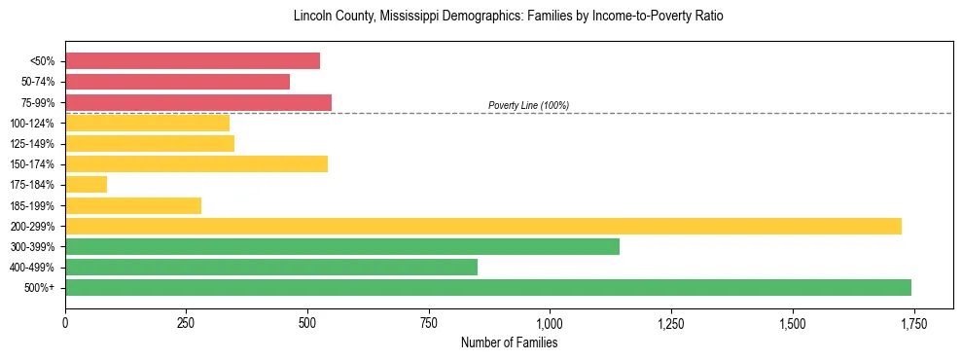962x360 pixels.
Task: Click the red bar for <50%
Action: pyautogui.click(x=193, y=61)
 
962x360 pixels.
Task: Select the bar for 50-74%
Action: pyautogui.click(x=177, y=82)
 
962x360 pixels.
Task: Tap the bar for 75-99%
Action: pyautogui.click(x=198, y=102)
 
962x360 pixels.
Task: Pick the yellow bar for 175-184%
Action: pyautogui.click(x=86, y=185)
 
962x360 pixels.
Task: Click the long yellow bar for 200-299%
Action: pyautogui.click(x=483, y=226)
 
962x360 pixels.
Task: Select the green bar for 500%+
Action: pyautogui.click(x=488, y=287)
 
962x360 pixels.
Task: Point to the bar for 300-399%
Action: pyautogui.click(x=342, y=246)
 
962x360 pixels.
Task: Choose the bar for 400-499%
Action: pyautogui.click(x=271, y=267)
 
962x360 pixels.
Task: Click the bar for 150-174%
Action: pyautogui.click(x=196, y=163)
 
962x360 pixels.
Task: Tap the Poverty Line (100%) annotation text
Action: pyautogui.click(x=528, y=105)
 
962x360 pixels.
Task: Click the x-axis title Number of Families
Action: pyautogui.click(x=510, y=342)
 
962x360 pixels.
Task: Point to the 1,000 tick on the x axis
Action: pyautogui.click(x=550, y=323)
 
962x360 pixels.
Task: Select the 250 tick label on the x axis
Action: pyautogui.click(x=187, y=323)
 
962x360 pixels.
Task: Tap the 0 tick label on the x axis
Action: pyautogui.click(x=65, y=323)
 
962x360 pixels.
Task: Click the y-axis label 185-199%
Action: pyautogui.click(x=32, y=205)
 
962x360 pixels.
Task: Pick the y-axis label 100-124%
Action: pyautogui.click(x=32, y=123)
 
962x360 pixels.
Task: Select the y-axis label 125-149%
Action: pyautogui.click(x=32, y=144)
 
